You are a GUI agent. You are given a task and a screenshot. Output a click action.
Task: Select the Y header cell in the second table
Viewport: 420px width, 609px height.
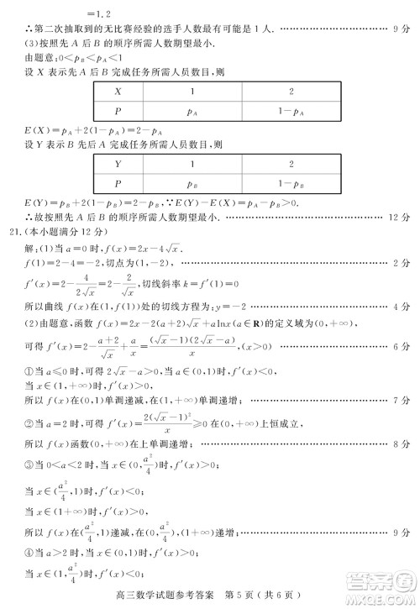(118, 165)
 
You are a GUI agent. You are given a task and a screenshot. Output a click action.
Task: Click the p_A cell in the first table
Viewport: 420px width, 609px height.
(192, 110)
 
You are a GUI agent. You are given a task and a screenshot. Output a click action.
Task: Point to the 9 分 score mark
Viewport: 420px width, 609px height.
(400, 29)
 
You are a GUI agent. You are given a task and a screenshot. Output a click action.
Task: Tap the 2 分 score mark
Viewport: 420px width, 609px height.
(400, 265)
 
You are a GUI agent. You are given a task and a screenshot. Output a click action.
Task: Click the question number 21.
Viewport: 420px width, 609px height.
(12, 231)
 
